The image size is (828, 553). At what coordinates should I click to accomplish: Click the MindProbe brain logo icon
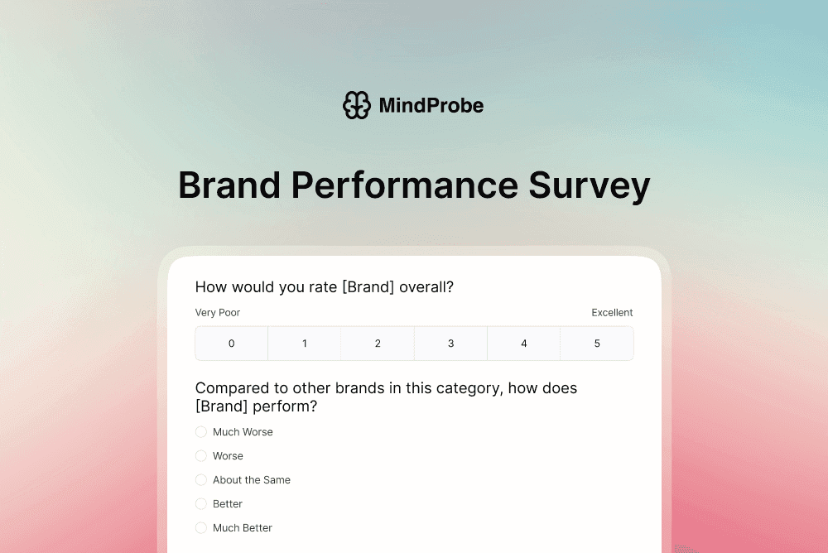click(357, 105)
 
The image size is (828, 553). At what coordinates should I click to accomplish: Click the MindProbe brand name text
click(431, 105)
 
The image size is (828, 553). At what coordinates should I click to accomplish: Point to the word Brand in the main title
click(229, 185)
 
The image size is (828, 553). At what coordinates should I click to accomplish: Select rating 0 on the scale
click(232, 344)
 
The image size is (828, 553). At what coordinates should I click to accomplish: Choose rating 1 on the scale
click(305, 344)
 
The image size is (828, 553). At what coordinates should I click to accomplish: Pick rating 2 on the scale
click(378, 344)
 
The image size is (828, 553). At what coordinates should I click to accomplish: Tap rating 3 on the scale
click(451, 344)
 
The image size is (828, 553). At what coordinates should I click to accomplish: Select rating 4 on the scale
click(524, 344)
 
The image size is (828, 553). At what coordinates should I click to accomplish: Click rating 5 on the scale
click(597, 344)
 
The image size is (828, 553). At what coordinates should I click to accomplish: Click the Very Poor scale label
click(218, 313)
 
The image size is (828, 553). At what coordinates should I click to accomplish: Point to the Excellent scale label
click(612, 313)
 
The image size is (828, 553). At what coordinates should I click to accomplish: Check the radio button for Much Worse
click(201, 432)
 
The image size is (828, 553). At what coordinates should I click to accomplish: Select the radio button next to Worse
click(201, 456)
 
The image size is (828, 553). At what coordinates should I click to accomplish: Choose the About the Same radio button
click(201, 480)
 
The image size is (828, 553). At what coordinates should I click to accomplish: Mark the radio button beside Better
click(201, 504)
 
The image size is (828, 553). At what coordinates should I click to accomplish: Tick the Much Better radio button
click(201, 528)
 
